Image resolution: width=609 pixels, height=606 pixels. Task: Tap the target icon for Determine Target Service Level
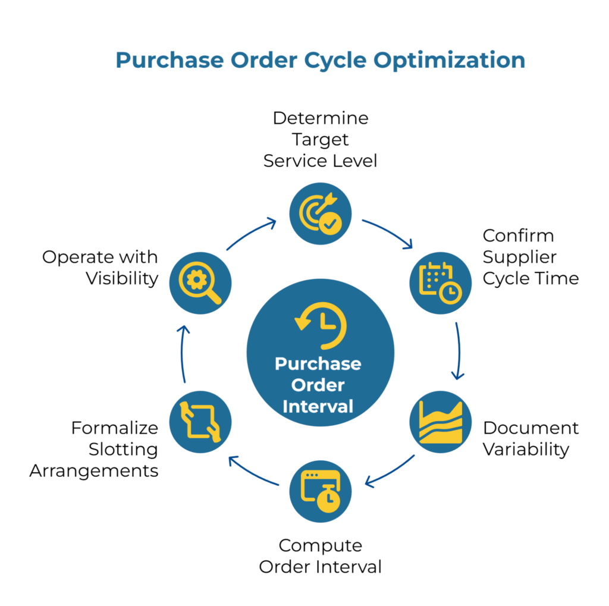point(321,213)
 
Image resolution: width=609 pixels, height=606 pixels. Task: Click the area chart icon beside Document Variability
point(440,421)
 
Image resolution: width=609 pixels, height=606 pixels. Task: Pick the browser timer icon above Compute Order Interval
point(321,491)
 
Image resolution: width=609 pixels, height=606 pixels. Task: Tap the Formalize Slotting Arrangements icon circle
point(200,421)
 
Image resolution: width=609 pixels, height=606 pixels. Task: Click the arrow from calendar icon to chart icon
point(459,351)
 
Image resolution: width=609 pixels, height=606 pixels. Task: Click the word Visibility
point(122,278)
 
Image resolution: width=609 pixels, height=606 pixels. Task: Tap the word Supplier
point(520,257)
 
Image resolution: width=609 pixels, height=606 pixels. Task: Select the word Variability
point(526,449)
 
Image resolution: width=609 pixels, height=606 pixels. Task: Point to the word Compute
point(321,545)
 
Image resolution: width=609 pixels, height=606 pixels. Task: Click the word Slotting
point(123,449)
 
